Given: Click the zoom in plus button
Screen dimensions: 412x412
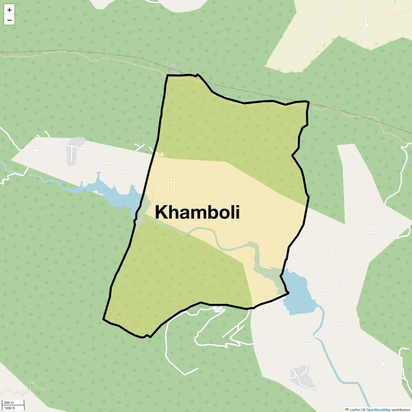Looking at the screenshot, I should click(x=9, y=10).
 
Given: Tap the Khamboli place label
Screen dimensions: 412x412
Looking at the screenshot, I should click(x=197, y=212).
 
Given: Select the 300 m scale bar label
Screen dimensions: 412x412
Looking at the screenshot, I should click(x=9, y=403).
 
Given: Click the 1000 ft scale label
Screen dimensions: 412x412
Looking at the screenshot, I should click(x=10, y=408).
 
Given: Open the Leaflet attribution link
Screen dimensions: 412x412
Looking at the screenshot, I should click(x=355, y=410).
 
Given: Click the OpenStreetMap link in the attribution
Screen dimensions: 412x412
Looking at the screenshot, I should click(x=378, y=410).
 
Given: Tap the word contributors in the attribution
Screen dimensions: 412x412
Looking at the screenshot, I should click(x=401, y=410).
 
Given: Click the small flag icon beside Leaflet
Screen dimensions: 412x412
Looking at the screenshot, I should click(x=347, y=410).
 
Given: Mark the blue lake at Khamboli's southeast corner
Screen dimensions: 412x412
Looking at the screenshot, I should click(x=298, y=293).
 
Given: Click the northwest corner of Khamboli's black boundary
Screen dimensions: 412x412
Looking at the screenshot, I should click(x=167, y=76).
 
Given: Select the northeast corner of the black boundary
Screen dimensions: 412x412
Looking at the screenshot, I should click(x=308, y=102).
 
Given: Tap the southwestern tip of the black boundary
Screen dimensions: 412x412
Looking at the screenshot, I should click(x=104, y=319).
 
